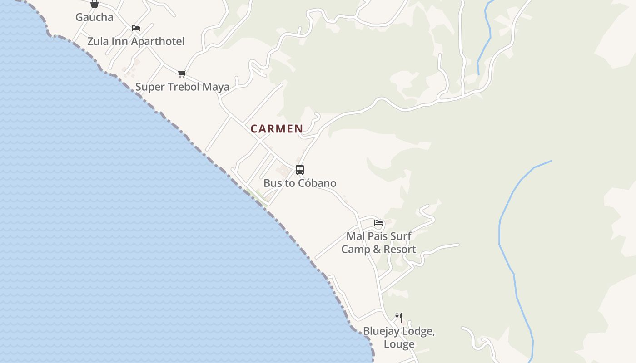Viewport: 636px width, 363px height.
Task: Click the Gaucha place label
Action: (x=94, y=17)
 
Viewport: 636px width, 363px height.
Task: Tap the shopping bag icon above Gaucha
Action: (x=94, y=4)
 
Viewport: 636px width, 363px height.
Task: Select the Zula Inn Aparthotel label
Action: (x=135, y=41)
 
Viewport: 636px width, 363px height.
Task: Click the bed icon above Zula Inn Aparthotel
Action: (x=135, y=28)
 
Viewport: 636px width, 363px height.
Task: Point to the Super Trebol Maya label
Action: (x=182, y=87)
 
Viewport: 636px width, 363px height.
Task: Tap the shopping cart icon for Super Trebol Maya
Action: (x=182, y=74)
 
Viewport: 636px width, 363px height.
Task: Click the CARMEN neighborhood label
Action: (x=277, y=129)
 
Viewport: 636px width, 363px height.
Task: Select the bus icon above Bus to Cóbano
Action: (x=300, y=170)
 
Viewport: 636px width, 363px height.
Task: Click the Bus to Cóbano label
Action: (x=300, y=183)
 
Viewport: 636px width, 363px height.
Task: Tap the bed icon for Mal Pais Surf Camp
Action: (x=378, y=223)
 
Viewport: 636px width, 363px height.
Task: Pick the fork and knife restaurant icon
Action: (x=399, y=317)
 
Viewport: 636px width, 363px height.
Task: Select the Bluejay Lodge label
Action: (x=399, y=331)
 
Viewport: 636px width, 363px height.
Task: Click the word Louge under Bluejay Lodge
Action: (x=399, y=344)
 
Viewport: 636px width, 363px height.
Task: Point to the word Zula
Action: (x=97, y=41)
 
